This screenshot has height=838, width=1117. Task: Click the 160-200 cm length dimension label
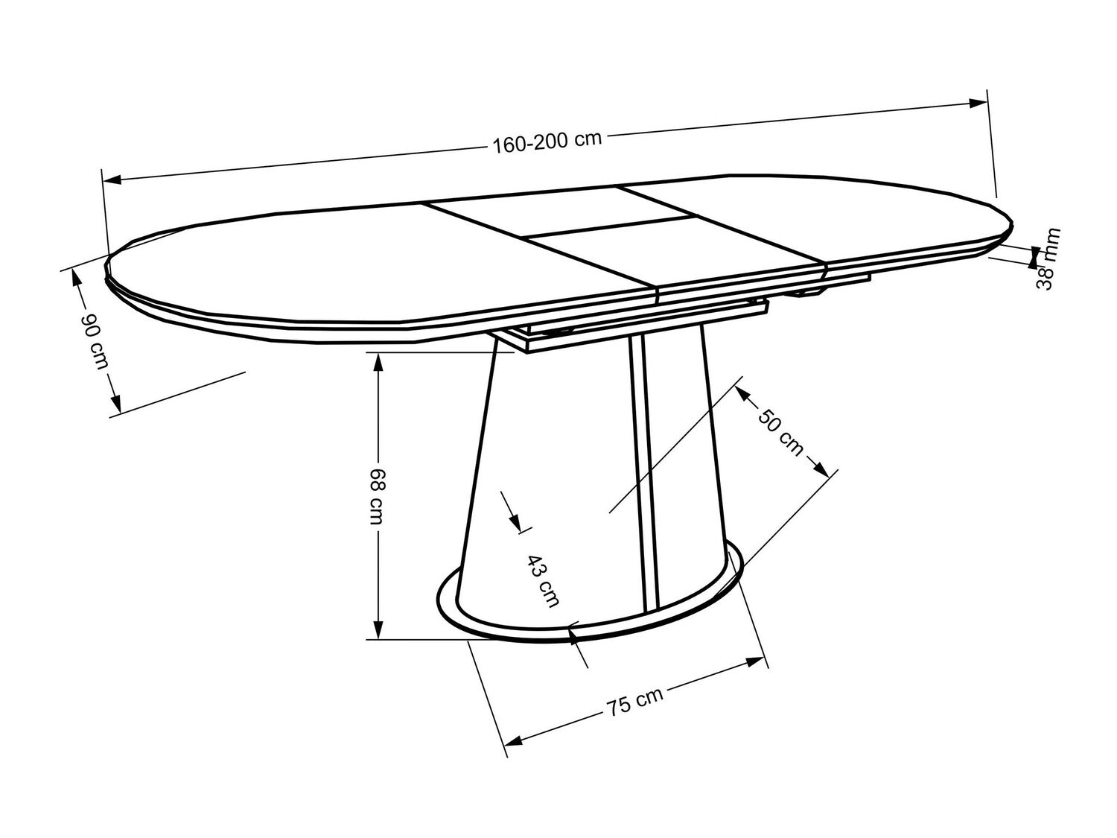point(547,142)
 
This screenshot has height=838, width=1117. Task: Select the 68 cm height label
point(378,496)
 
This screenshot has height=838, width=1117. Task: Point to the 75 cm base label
point(634,702)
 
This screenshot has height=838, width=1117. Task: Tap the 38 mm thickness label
point(1048,258)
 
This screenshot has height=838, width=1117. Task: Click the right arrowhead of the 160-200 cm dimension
point(978,104)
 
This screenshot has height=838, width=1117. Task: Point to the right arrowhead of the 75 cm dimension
point(756,662)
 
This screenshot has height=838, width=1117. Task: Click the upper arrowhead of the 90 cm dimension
point(77,279)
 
